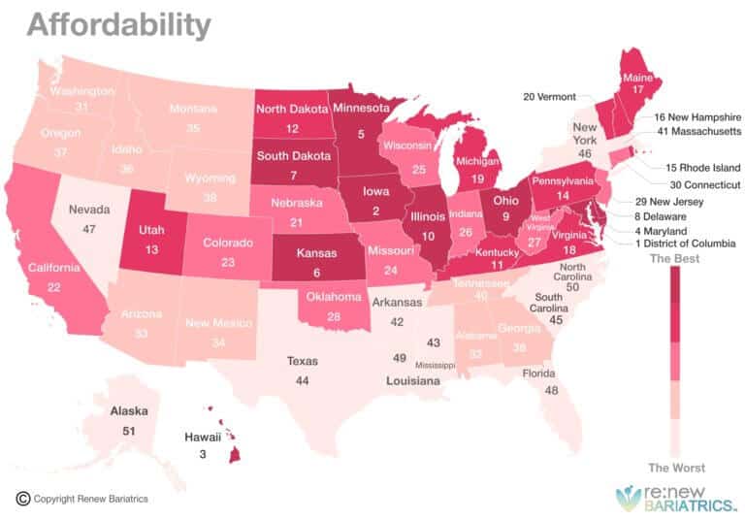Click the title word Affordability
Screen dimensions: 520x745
tap(117, 23)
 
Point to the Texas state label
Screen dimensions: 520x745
tap(302, 361)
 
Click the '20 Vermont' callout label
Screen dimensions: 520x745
tap(549, 97)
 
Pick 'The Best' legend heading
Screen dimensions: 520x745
tap(674, 259)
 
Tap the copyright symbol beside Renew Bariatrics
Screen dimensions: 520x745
tap(22, 499)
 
